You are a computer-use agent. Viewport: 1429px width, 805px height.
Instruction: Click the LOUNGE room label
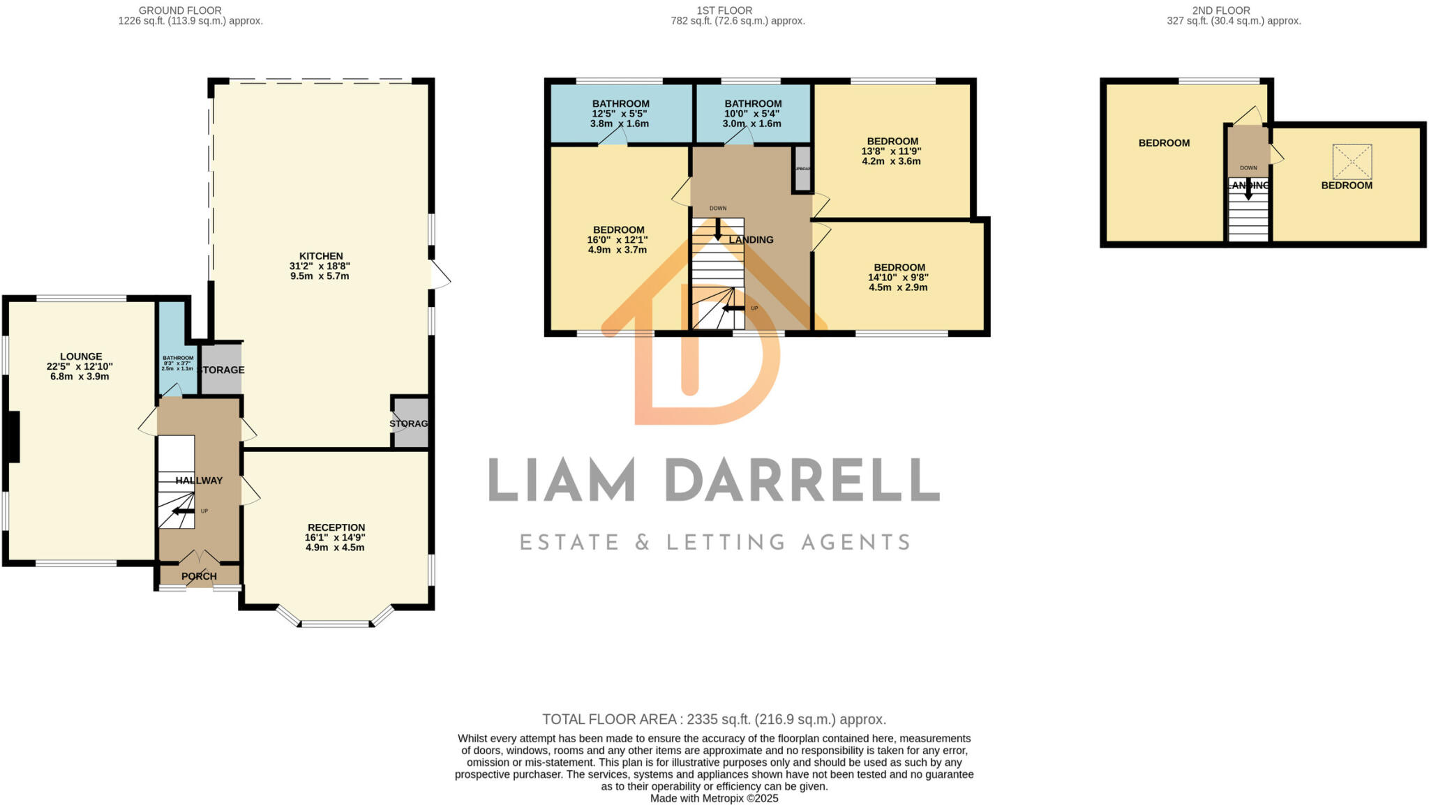pyautogui.click(x=81, y=356)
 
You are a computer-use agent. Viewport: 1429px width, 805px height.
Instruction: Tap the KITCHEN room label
pyautogui.click(x=321, y=256)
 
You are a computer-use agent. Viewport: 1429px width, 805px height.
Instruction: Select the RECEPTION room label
pyautogui.click(x=336, y=527)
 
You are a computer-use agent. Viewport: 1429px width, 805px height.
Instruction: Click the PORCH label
pyautogui.click(x=199, y=576)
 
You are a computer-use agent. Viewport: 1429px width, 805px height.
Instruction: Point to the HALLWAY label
pyautogui.click(x=199, y=481)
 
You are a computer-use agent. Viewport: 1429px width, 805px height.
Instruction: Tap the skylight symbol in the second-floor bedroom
pyautogui.click(x=1352, y=162)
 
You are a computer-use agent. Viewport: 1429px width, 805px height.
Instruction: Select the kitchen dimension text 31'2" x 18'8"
pyautogui.click(x=320, y=266)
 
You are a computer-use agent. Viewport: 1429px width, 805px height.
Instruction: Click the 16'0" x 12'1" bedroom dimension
pyautogui.click(x=618, y=240)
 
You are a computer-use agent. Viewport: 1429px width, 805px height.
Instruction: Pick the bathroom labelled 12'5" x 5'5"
pyautogui.click(x=620, y=114)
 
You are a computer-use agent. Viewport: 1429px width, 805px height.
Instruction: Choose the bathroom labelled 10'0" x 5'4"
pyautogui.click(x=752, y=114)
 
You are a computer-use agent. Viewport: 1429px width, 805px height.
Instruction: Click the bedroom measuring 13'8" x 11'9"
pyautogui.click(x=892, y=151)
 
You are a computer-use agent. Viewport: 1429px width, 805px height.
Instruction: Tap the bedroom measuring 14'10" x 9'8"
pyautogui.click(x=899, y=277)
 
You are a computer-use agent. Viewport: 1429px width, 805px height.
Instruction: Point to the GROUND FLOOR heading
pyautogui.click(x=180, y=10)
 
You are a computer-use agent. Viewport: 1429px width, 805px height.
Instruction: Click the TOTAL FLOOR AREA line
pyautogui.click(x=714, y=719)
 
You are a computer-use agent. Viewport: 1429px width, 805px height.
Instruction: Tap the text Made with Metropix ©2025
pyautogui.click(x=714, y=798)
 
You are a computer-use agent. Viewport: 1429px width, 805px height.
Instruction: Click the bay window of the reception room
pyautogui.click(x=336, y=623)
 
